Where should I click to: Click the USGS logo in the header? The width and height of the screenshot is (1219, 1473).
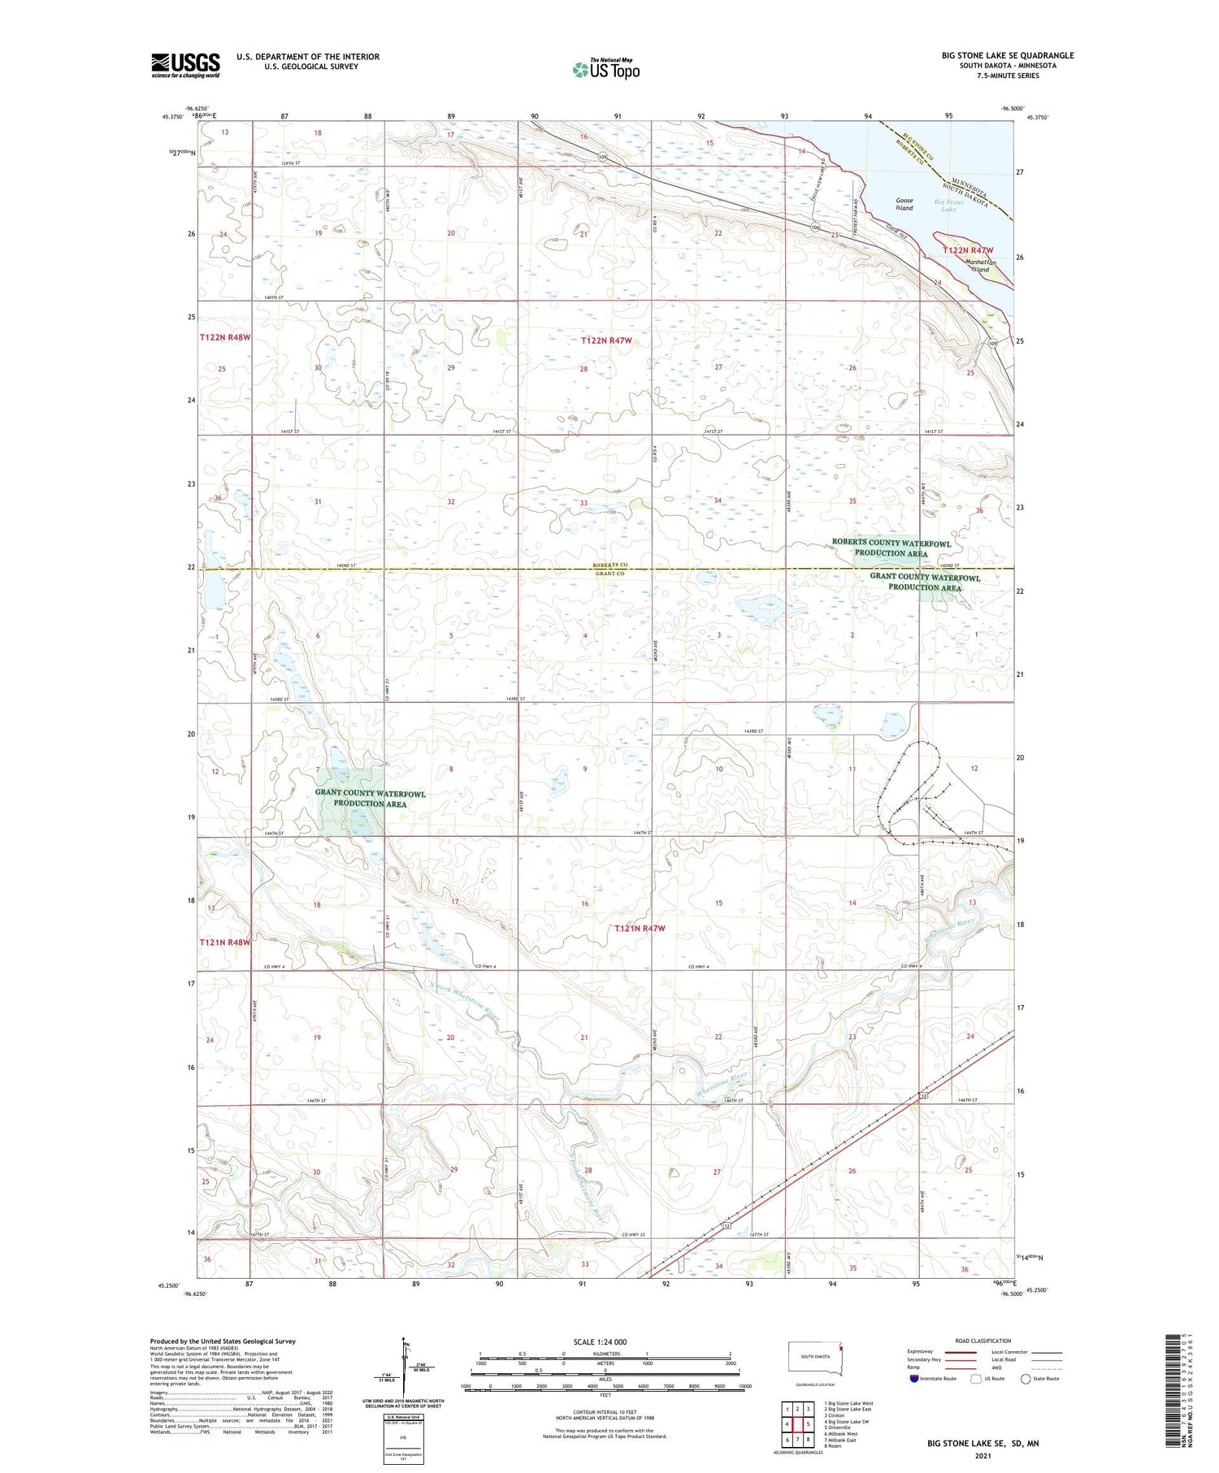(185, 65)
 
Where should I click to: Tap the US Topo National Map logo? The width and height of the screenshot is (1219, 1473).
(605, 69)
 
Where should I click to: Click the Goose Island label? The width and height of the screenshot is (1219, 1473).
(904, 204)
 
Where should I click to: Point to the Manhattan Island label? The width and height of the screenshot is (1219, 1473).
(980, 266)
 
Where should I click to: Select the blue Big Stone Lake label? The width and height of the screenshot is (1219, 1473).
(948, 206)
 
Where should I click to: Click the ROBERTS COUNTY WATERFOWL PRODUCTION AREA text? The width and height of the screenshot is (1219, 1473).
(891, 548)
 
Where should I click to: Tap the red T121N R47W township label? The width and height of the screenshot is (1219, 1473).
(640, 928)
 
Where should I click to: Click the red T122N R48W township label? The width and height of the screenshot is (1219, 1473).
(224, 336)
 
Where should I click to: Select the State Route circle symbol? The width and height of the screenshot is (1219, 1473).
(1026, 1379)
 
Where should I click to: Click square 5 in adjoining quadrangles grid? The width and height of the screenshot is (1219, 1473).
(809, 1424)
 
